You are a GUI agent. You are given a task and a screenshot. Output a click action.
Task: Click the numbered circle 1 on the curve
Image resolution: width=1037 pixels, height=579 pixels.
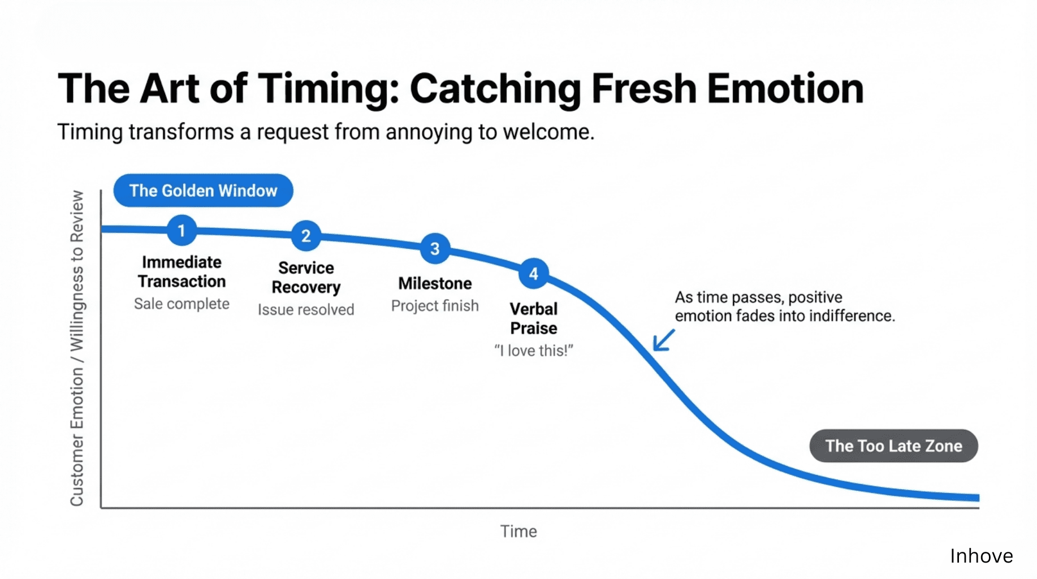point(182,230)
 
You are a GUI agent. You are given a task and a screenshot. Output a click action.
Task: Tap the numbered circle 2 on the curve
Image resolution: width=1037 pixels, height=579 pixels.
point(306,235)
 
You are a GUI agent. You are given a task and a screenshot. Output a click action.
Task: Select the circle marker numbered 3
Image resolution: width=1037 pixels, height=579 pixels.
point(435,248)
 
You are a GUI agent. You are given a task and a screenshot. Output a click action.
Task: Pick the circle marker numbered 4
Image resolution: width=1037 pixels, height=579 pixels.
point(533,274)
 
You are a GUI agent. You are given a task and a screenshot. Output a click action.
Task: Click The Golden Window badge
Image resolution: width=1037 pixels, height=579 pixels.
point(203,191)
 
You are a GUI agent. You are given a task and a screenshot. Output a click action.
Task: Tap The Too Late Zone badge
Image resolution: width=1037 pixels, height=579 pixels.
point(893,446)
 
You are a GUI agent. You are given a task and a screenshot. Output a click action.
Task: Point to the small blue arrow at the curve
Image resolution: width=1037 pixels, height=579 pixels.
point(663,340)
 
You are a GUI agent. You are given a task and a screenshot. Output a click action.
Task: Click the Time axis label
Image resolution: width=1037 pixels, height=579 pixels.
point(518,532)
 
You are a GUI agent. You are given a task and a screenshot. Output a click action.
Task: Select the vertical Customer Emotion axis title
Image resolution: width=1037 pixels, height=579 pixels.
point(77,348)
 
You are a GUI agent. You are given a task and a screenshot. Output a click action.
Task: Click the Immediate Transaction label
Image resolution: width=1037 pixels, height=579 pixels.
point(182,272)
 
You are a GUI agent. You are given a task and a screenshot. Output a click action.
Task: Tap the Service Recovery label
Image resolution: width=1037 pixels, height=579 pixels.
point(306,278)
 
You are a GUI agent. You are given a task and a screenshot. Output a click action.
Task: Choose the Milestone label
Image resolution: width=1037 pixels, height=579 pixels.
point(435,283)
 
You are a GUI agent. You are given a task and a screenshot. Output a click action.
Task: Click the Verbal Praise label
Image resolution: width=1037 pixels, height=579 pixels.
point(533,318)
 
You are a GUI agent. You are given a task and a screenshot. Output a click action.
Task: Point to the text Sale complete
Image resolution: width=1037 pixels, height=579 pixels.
point(182,304)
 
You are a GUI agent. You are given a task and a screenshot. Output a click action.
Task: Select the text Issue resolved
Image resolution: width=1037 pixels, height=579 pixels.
point(306,310)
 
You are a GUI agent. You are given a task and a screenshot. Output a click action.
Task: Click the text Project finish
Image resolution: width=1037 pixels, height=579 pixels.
point(435,306)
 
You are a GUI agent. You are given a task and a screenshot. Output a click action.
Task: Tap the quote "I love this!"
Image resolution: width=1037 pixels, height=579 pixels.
point(533,351)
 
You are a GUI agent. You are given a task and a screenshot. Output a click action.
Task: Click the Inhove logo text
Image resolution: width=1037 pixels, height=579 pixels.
point(981,556)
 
